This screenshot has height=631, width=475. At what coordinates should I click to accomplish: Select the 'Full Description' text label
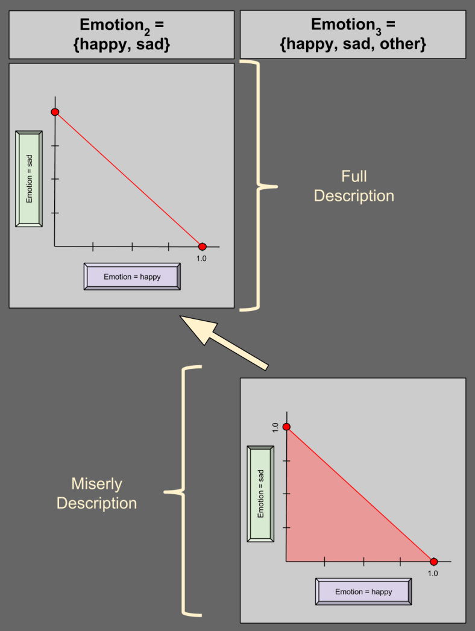(354, 186)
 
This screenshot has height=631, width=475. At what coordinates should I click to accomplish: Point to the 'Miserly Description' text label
(96, 493)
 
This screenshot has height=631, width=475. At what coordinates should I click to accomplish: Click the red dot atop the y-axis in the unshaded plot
(55, 112)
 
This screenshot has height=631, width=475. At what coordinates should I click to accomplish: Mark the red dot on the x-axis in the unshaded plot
(203, 246)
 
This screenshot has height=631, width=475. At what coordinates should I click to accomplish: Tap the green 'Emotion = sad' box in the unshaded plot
(29, 178)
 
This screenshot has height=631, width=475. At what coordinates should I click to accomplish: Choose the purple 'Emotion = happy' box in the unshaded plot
(132, 277)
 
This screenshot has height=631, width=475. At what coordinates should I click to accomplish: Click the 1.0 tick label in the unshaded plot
(201, 259)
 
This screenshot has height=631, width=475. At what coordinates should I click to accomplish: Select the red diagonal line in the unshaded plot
(128, 179)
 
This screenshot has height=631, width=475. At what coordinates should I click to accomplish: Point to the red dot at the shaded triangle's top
(286, 427)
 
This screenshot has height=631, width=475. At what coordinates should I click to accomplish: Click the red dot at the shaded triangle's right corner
(433, 562)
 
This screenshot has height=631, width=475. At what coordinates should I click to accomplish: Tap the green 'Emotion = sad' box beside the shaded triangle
(260, 494)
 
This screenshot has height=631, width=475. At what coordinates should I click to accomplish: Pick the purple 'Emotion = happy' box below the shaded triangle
(363, 592)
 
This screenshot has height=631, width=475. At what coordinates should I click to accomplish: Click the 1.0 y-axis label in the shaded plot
(275, 427)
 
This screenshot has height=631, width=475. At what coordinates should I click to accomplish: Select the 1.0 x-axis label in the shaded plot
(433, 573)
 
